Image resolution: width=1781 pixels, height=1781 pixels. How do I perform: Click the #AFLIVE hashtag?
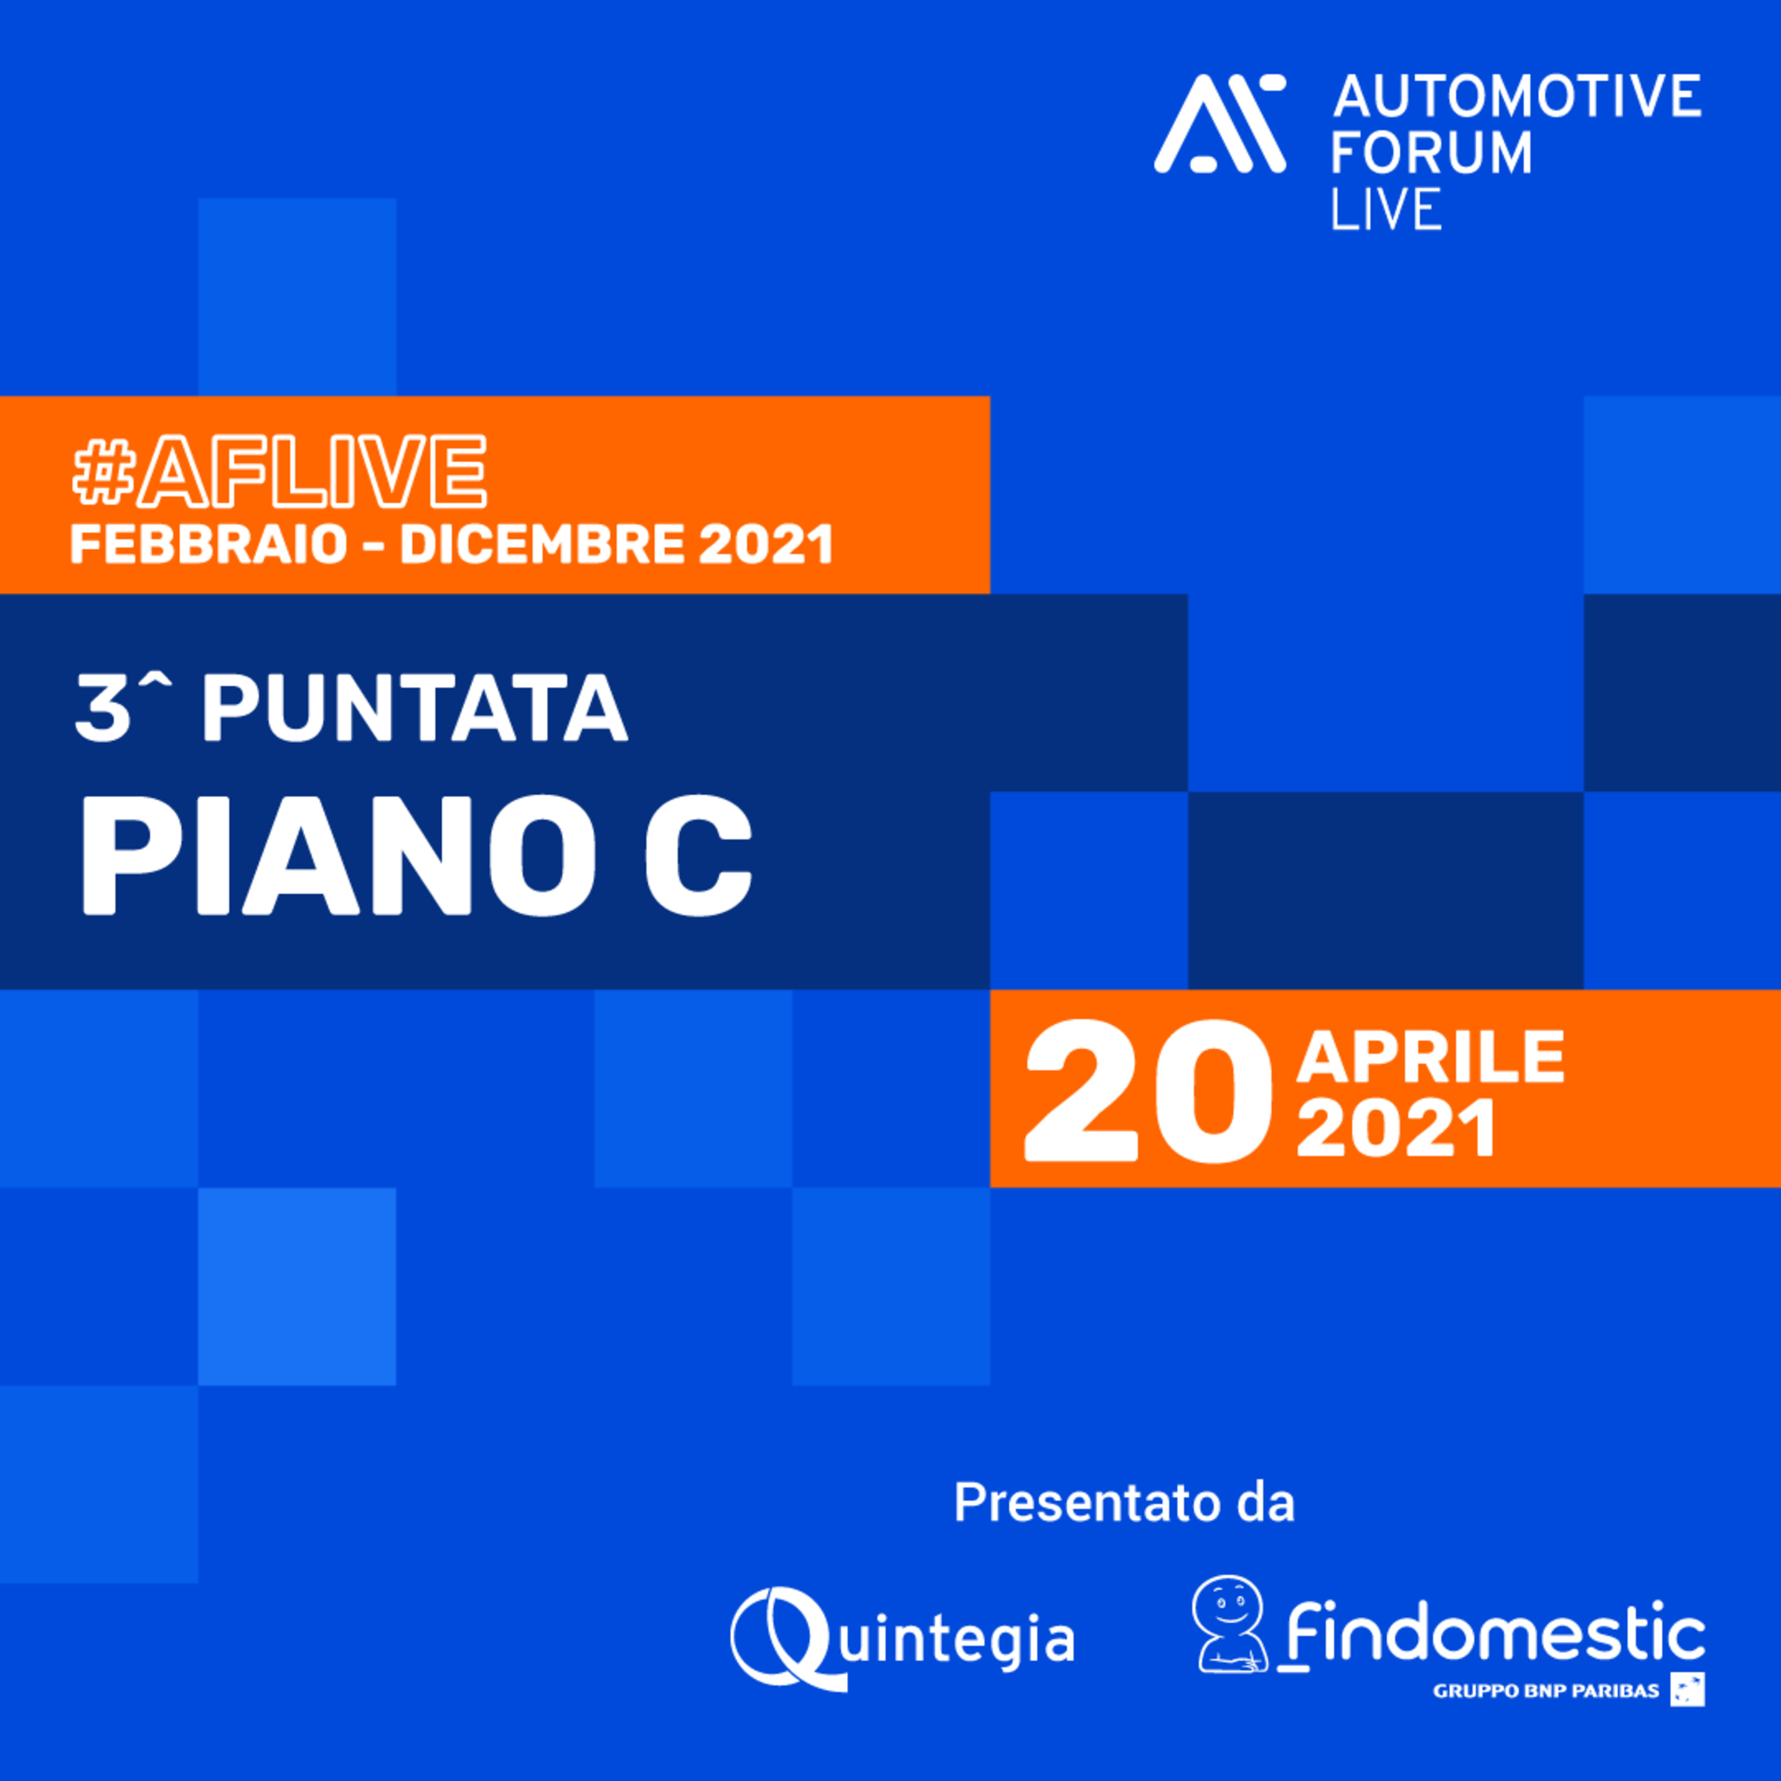click(279, 471)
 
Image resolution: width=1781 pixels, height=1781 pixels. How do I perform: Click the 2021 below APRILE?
click(1396, 1129)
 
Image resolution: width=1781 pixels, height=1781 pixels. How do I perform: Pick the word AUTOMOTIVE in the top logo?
click(1516, 96)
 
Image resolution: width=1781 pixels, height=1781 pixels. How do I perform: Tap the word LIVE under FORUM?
click(1386, 208)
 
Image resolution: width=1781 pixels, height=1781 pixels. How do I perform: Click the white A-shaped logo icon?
click(1219, 123)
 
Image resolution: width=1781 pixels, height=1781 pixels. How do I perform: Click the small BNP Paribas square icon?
click(1687, 1690)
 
